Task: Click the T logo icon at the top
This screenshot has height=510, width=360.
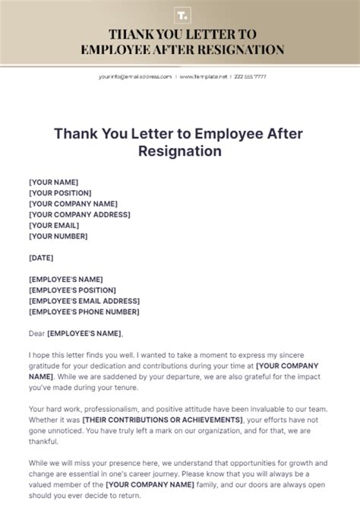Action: click(180, 14)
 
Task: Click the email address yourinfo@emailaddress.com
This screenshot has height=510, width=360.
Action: click(134, 77)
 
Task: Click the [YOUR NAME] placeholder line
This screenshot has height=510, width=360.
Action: click(53, 182)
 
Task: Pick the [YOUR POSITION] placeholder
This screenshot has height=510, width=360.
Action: click(61, 193)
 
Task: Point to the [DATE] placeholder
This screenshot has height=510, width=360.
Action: click(41, 258)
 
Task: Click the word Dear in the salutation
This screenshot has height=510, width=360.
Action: click(36, 333)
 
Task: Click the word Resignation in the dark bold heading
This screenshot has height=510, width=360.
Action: click(180, 150)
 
